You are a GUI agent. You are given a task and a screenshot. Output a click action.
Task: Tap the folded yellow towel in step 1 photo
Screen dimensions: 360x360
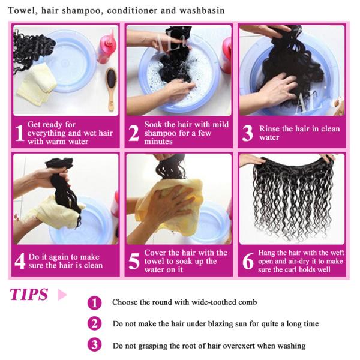[36, 84]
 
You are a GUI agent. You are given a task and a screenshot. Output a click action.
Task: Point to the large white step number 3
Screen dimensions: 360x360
[247, 133]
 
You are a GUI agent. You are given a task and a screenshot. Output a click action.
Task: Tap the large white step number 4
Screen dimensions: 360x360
[19, 261]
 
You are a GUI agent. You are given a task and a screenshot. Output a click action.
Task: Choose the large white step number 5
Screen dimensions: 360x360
[133, 261]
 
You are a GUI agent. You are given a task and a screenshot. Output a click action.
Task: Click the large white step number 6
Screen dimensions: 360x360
[247, 261]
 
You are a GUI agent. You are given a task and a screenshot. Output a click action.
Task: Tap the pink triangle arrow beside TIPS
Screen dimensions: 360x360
[61, 295]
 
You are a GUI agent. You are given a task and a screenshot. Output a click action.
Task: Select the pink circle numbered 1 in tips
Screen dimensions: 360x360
[94, 302]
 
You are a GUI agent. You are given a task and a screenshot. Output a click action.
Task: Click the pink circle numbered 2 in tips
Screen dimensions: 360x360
[94, 324]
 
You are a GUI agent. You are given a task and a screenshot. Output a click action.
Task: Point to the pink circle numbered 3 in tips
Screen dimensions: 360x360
[94, 345]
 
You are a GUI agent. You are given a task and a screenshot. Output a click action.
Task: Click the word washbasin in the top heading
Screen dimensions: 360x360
[203, 10]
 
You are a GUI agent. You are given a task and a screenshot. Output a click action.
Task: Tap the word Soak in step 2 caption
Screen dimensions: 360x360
[154, 124]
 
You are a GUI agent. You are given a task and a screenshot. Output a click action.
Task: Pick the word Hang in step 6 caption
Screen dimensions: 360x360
[268, 253]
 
